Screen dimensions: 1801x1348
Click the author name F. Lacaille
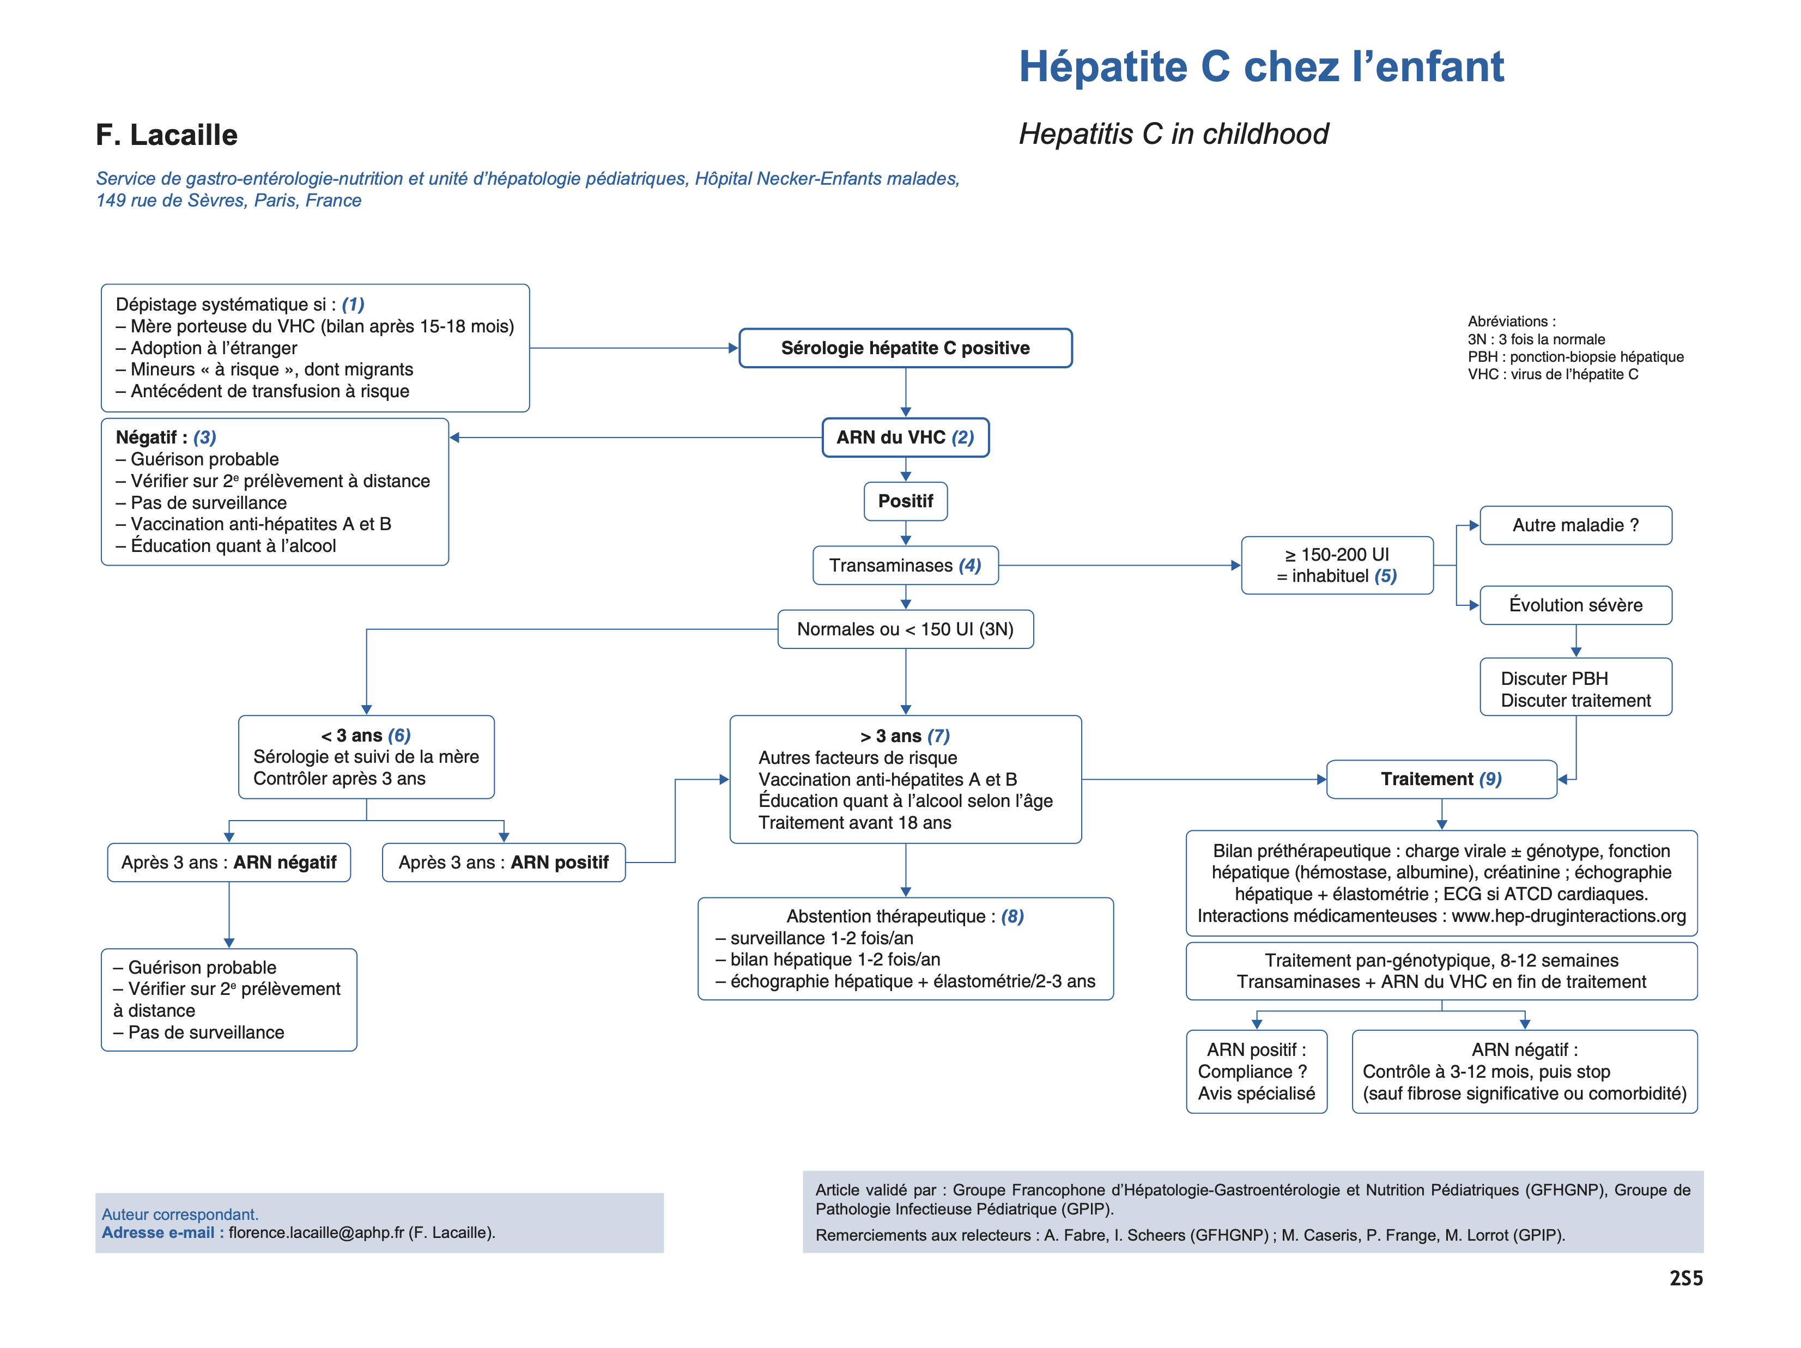point(166,135)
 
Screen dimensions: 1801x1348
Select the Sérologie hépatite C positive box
point(905,348)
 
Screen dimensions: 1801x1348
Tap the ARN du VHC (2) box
point(905,438)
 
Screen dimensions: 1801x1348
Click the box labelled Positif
point(905,501)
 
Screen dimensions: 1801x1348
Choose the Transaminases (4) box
point(905,566)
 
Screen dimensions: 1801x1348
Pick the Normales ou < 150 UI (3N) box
point(905,629)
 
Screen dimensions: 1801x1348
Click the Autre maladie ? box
point(1575,526)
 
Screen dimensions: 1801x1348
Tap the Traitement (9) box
point(1441,780)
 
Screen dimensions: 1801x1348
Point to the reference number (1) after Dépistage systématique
point(353,305)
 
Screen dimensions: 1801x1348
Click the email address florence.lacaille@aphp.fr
point(316,1232)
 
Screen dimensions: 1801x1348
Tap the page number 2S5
point(1686,1279)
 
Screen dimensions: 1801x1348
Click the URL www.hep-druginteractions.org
point(1569,916)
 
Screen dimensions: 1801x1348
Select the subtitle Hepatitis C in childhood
point(1173,133)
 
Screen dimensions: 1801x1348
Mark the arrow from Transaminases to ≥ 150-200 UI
point(1119,566)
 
